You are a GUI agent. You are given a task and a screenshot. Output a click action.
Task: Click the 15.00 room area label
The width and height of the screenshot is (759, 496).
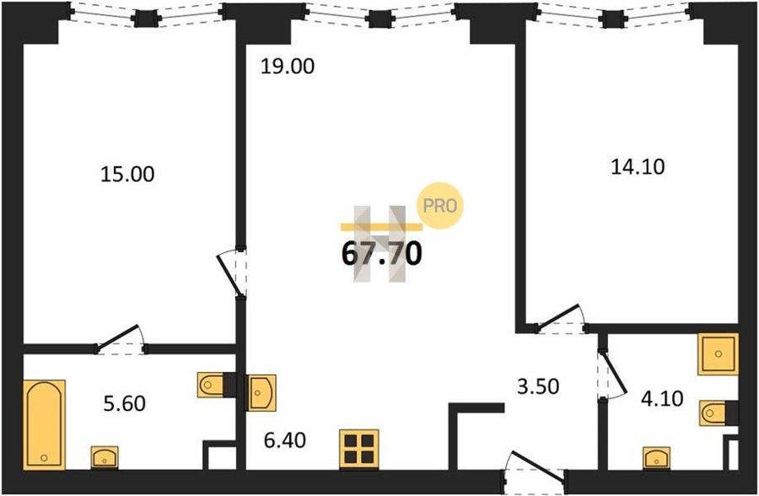(127, 175)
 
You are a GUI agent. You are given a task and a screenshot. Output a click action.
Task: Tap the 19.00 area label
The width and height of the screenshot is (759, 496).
(288, 67)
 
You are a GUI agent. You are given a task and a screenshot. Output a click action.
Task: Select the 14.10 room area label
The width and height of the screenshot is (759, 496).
(638, 167)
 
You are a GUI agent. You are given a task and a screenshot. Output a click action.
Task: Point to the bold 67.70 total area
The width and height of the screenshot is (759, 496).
(381, 254)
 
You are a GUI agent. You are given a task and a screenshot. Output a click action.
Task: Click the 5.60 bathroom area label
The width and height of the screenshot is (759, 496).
(125, 403)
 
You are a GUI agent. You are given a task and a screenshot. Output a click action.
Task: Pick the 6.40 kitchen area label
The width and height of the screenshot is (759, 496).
(285, 440)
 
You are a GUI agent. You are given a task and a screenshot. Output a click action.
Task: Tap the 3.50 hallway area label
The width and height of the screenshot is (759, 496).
(538, 386)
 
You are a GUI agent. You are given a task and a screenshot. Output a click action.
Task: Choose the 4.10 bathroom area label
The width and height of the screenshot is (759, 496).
(662, 399)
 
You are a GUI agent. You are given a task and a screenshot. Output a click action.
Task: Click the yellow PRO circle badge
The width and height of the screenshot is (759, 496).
(440, 205)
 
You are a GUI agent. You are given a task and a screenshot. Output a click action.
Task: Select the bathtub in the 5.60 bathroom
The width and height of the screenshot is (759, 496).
(44, 425)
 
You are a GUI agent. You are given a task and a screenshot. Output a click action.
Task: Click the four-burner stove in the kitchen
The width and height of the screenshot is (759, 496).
(358, 449)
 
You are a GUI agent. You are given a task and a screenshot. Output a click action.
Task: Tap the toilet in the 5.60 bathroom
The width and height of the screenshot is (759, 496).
(211, 385)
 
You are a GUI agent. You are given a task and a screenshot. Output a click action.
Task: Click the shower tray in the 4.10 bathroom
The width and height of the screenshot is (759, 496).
(718, 353)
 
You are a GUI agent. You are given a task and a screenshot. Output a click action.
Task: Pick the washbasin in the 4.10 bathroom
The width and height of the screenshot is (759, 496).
(656, 458)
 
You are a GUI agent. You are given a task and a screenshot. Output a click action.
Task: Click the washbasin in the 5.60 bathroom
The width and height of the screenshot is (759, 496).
(105, 457)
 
